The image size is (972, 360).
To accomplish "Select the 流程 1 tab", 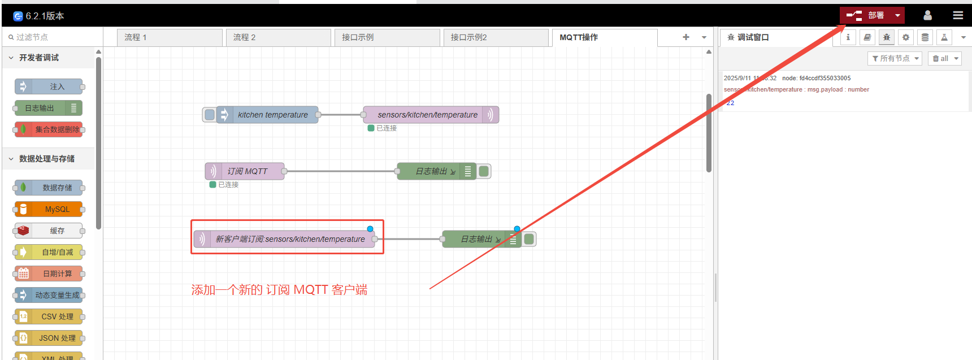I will pos(169,37).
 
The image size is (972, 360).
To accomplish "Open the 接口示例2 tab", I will pos(495,37).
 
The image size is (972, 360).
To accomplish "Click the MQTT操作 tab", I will pos(604,37).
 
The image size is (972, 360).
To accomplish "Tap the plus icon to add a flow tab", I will pos(685,37).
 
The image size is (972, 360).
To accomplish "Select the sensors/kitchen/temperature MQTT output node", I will pos(427,115).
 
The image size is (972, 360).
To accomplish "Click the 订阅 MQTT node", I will pos(248,171).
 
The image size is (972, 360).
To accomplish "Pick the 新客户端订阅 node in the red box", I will pos(289,239).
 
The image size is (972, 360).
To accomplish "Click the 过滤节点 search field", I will pos(54,37).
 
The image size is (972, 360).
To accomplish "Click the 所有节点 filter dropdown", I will pos(895,59).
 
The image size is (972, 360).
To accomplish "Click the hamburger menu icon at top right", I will pos(958,15).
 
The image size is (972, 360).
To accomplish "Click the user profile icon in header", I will pos(927,15).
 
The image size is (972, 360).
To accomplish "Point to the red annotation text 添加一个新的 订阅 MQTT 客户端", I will pos(279,290).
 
